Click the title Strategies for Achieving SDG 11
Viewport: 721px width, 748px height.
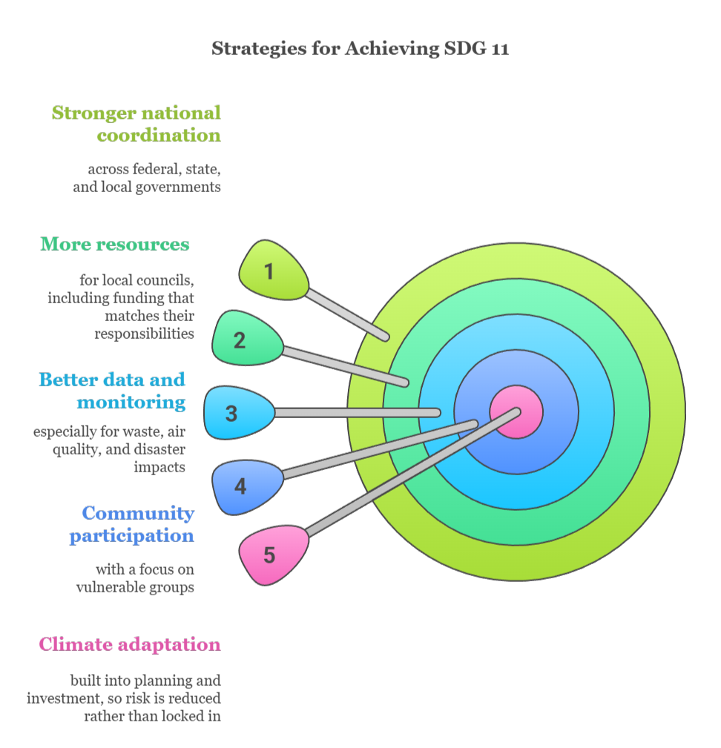coord(360,49)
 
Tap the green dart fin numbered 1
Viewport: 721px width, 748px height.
coord(272,271)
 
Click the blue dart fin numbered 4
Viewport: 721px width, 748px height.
coord(245,486)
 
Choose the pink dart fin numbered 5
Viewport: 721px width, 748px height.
coord(271,554)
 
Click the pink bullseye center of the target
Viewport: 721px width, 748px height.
coord(516,412)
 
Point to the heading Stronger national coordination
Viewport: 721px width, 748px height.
coord(136,124)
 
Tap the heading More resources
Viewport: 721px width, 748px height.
coord(115,244)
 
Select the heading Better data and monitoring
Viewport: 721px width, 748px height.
coord(112,391)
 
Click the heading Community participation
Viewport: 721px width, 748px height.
coord(132,524)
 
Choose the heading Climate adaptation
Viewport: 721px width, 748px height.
coord(130,644)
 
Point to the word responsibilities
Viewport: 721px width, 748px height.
coord(144,334)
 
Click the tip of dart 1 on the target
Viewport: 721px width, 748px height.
coord(384,337)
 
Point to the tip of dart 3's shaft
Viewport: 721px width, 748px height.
coord(437,412)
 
